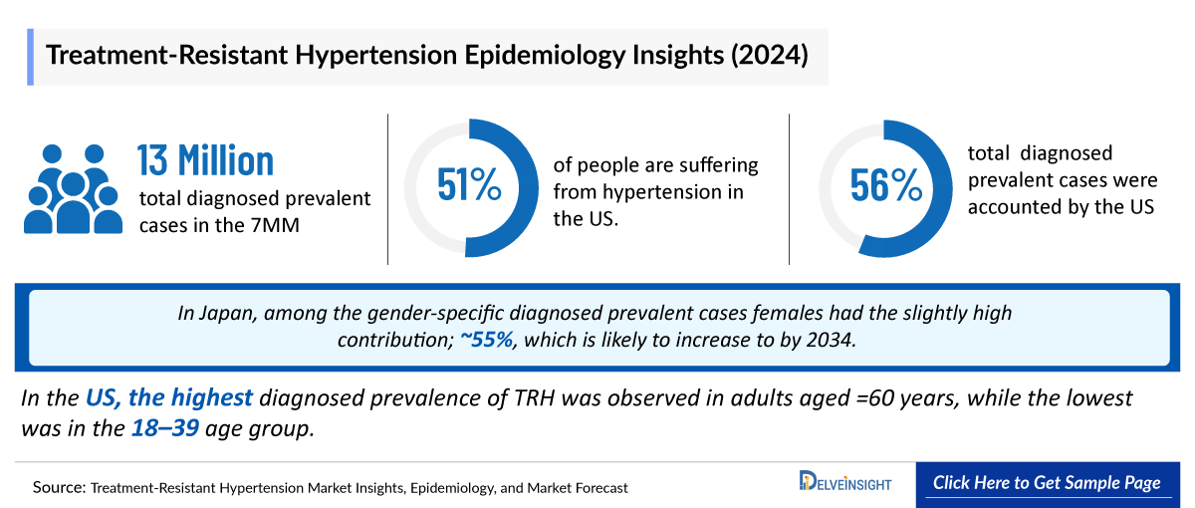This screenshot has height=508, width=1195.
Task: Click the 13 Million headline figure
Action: (205, 161)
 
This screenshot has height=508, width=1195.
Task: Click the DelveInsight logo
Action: (845, 483)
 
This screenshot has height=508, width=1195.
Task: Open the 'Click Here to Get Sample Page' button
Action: (1047, 483)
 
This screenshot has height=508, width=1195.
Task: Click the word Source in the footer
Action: (57, 488)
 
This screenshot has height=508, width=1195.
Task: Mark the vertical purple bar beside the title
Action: (32, 56)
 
